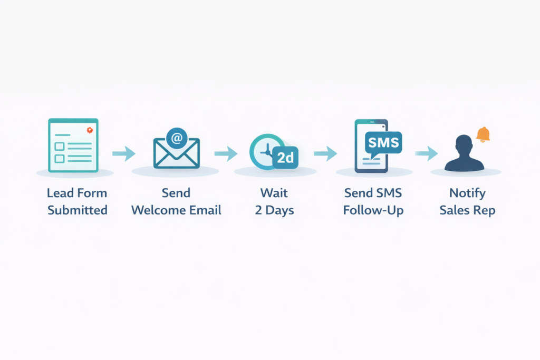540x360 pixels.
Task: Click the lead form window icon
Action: [x=73, y=145]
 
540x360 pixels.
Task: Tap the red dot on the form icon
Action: [x=90, y=130]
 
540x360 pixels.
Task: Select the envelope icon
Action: [x=176, y=153]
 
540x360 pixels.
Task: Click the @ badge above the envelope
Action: [x=177, y=138]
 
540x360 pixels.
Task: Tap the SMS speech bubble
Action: [x=383, y=143]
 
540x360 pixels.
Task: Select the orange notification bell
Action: [x=483, y=134]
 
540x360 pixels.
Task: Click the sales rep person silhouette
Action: [x=464, y=154]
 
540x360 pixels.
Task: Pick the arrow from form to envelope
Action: [x=124, y=153]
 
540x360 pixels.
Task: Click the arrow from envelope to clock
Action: [x=226, y=153]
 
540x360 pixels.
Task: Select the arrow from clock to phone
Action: [x=325, y=153]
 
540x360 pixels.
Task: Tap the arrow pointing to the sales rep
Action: [x=426, y=153]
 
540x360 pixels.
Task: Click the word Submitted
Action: [x=78, y=210]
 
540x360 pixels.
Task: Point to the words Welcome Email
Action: [x=176, y=210]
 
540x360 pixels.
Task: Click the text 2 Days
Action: [x=274, y=210]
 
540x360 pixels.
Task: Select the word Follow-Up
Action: [x=373, y=210]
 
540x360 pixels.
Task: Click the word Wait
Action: [x=274, y=193]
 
